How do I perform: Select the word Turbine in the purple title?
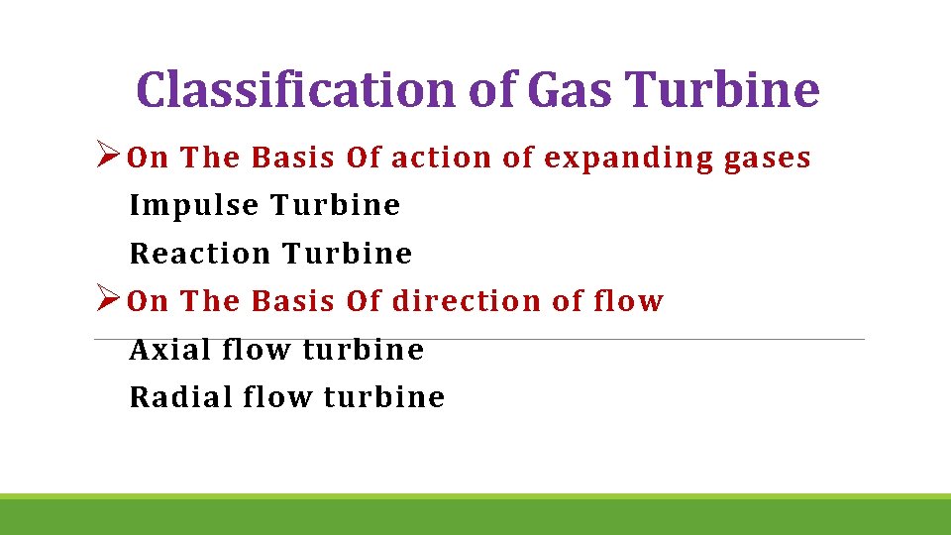click(723, 89)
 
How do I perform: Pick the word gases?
click(770, 159)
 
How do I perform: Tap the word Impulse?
click(194, 206)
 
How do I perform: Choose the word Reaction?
click(200, 254)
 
